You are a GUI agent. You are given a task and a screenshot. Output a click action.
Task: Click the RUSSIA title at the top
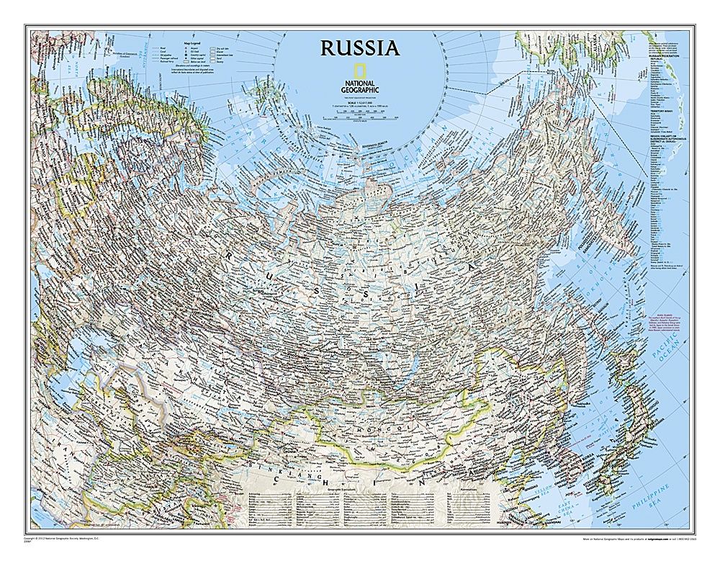[359, 48]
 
